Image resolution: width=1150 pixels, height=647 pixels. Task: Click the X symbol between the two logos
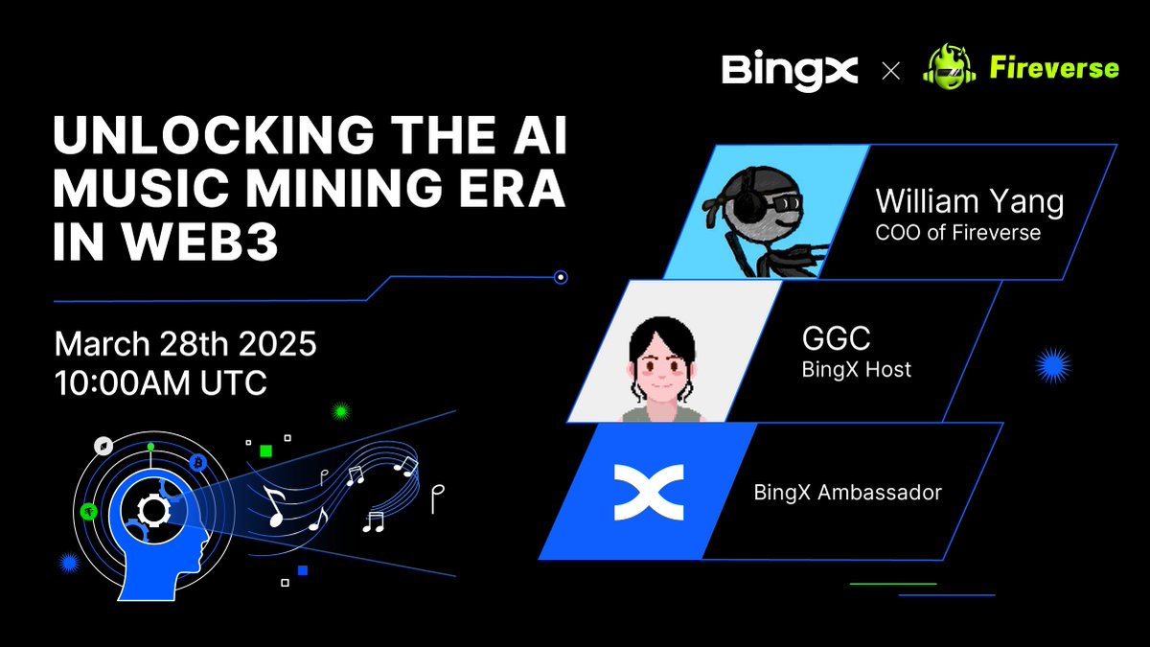(890, 70)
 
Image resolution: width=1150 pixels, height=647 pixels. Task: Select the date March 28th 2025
(185, 342)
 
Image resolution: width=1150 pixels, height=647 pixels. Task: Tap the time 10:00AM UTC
(160, 382)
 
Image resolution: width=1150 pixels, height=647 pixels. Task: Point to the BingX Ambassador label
(847, 493)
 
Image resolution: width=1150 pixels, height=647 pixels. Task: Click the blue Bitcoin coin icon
(199, 462)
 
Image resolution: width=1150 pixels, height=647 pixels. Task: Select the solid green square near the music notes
(266, 450)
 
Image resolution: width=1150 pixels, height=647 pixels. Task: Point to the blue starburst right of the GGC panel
(1053, 366)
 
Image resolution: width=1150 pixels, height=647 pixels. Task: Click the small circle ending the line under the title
(562, 278)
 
